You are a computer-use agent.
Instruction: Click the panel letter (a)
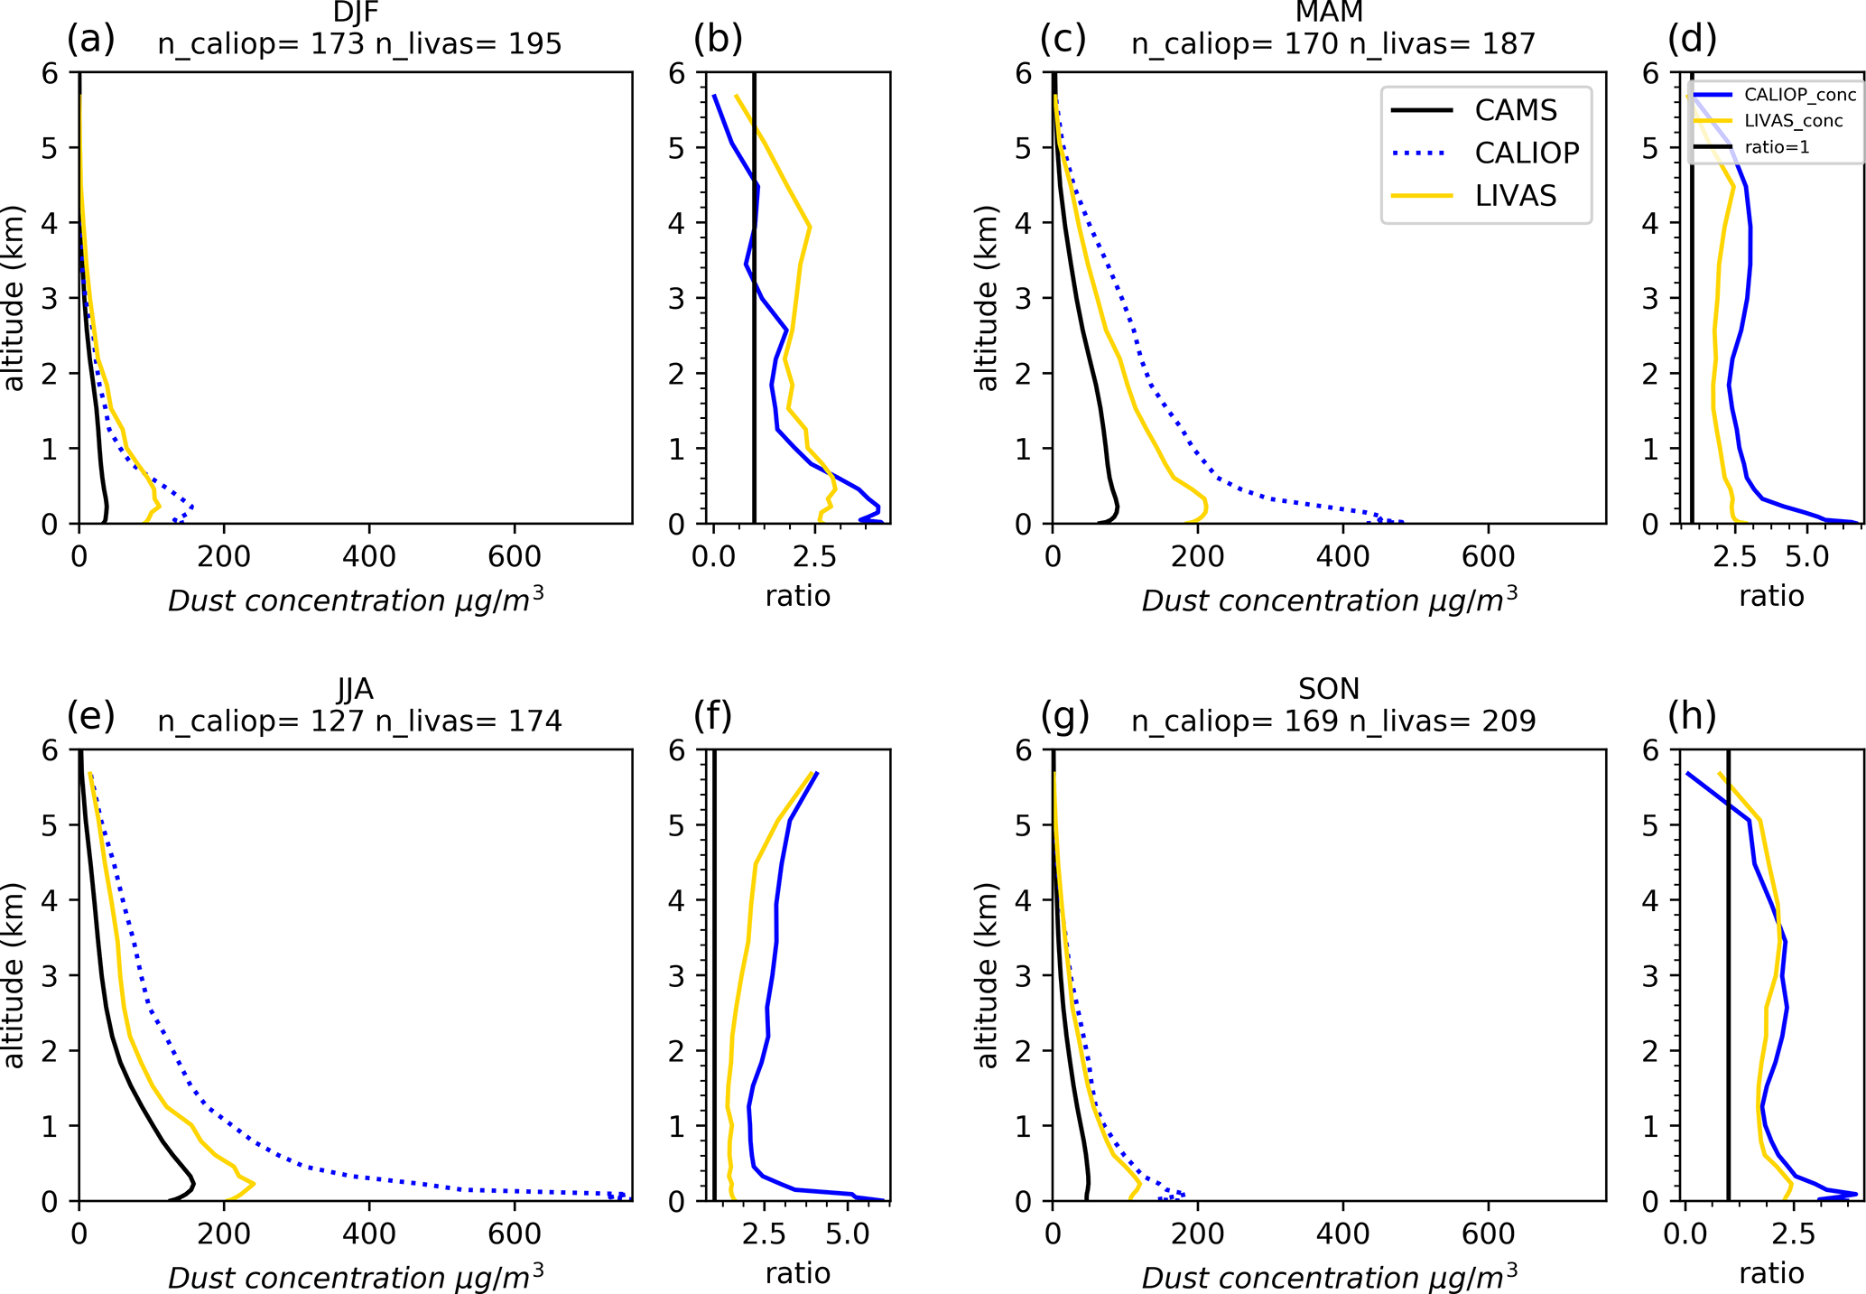coord(91,39)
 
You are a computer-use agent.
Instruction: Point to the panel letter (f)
coord(713,716)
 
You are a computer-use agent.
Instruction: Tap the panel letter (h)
coord(1693,716)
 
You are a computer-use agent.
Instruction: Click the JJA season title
coord(355,689)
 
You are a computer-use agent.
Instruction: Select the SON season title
coord(1329,689)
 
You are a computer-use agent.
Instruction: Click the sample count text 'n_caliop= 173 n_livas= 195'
coord(359,43)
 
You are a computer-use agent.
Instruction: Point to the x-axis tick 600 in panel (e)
coord(515,1233)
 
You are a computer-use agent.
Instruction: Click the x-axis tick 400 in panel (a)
coord(369,556)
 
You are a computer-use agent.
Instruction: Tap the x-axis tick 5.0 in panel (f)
coord(848,1233)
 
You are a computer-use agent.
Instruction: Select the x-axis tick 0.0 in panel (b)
coord(714,556)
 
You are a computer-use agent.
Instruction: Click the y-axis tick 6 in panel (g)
coord(1022,749)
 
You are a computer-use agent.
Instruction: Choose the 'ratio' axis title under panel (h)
coord(1771,1273)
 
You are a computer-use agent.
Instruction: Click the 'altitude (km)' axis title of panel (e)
coord(14,975)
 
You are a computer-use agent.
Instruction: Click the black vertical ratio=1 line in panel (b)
coord(754,298)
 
